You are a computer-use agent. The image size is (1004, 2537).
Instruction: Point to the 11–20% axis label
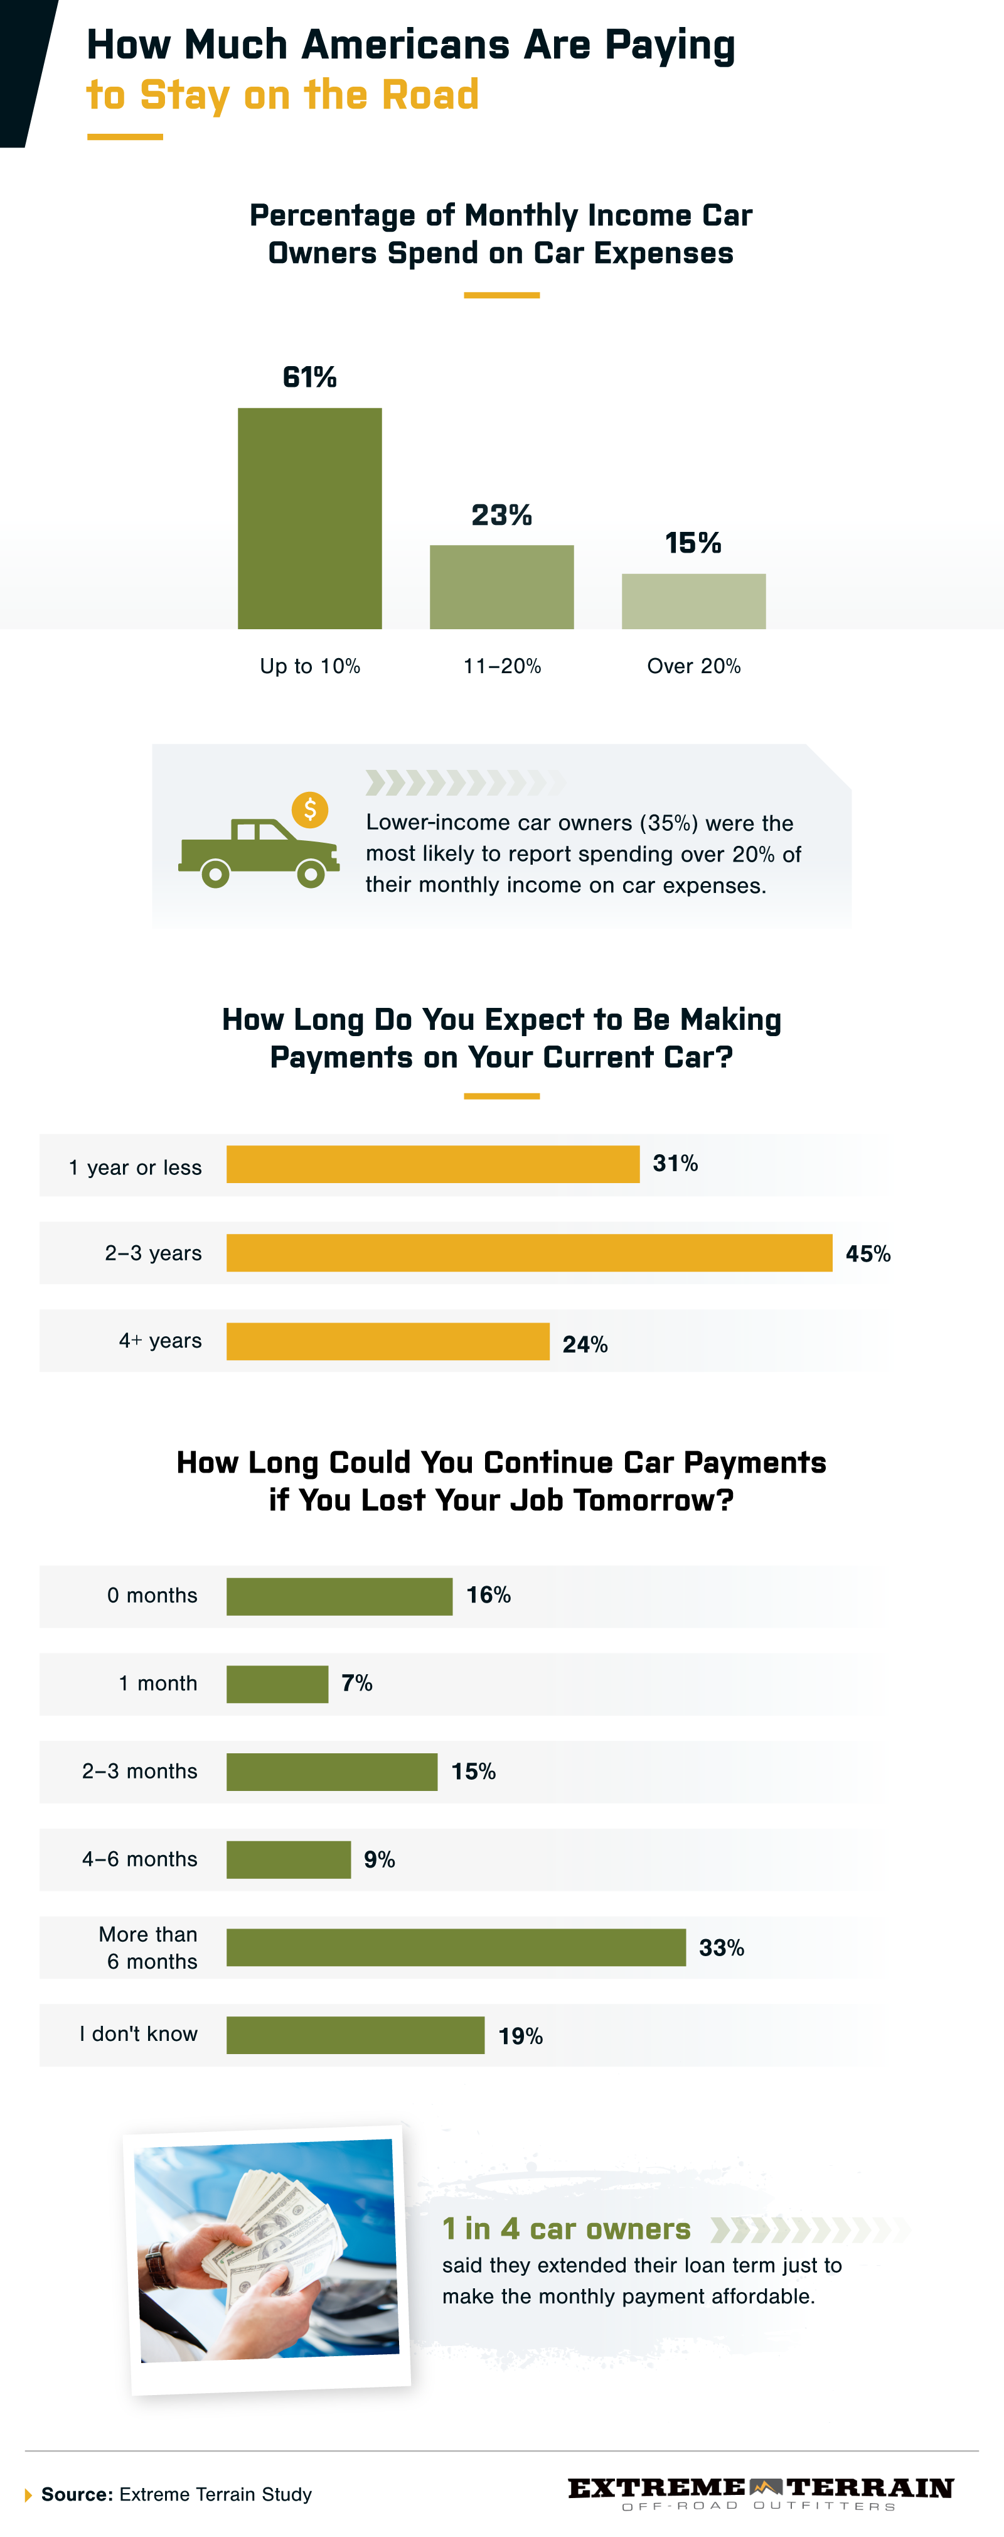tap(502, 667)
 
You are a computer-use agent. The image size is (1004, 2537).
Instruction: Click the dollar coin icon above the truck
tap(310, 809)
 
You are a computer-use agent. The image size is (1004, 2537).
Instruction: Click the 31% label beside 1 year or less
tap(675, 1163)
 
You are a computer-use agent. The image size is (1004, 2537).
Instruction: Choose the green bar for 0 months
tap(339, 1596)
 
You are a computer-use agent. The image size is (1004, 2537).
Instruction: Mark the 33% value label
tap(722, 1947)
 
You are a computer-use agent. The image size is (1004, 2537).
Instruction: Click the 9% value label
tap(379, 1859)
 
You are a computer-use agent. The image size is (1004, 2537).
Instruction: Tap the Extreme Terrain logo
tap(760, 2492)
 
